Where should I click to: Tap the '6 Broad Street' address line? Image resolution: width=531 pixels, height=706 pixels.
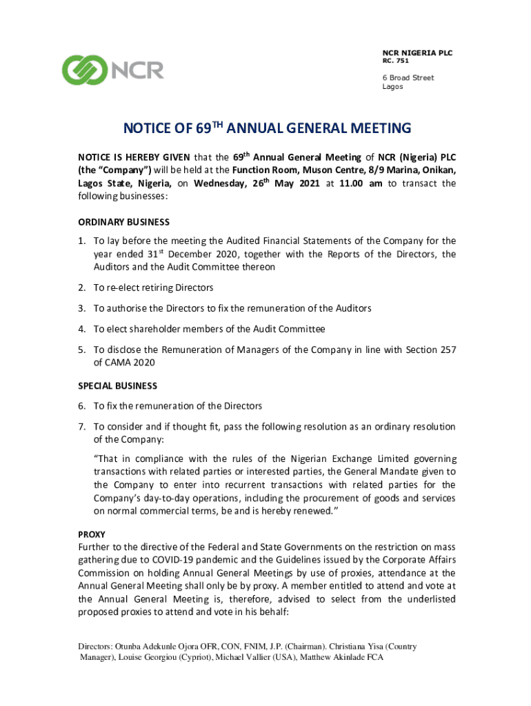pyautogui.click(x=408, y=78)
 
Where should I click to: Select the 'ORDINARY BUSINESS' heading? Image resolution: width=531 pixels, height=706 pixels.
pyautogui.click(x=123, y=222)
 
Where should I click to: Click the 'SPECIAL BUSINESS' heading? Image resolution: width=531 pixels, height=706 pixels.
pyautogui.click(x=117, y=386)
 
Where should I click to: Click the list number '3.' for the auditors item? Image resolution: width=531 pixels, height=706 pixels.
pyautogui.click(x=81, y=308)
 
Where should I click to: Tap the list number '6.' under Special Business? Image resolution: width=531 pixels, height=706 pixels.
pyautogui.click(x=81, y=405)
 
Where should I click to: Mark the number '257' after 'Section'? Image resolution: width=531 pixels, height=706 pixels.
pyautogui.click(x=446, y=350)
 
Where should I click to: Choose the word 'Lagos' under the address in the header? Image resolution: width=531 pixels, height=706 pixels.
pyautogui.click(x=392, y=88)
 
